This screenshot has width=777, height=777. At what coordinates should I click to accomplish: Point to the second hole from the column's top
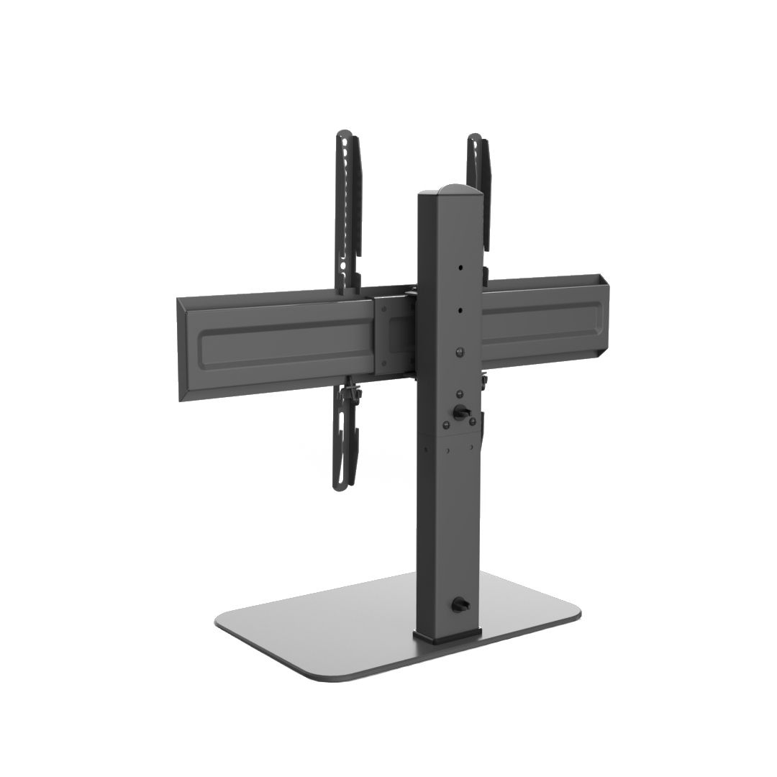tap(458, 312)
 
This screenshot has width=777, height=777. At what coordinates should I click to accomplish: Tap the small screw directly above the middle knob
tap(458, 394)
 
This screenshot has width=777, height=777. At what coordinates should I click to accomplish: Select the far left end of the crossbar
tap(181, 353)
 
